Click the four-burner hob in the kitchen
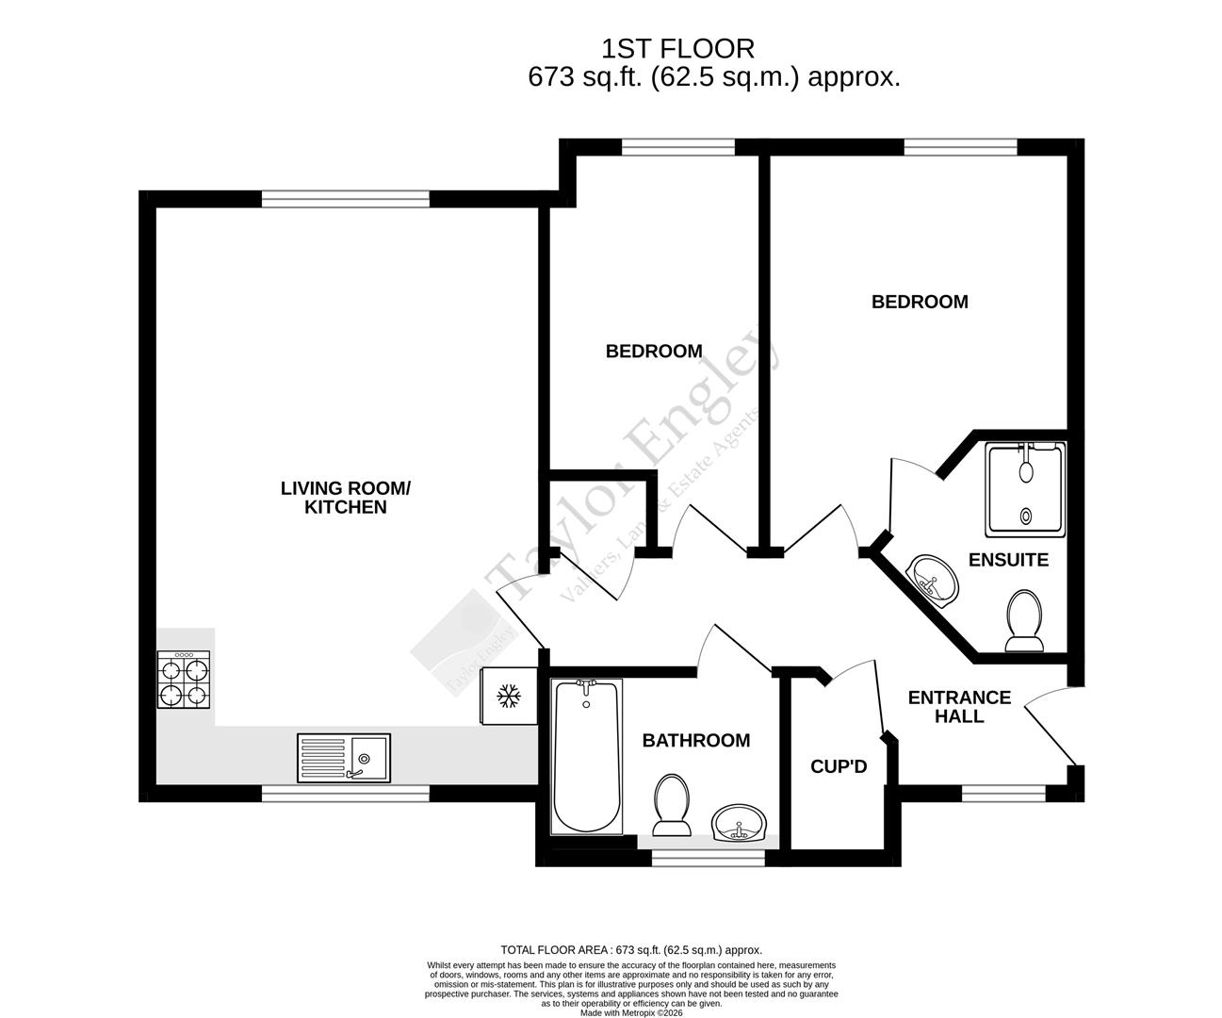pos(184,681)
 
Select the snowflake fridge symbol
pos(509,697)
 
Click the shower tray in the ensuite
pos(1025,489)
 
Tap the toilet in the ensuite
pos(1023,621)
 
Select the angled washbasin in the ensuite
pos(933,577)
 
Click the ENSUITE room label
pos(1008,560)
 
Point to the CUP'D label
pos(839,767)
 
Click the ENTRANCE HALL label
pos(959,707)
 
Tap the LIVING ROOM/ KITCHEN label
pos(346,498)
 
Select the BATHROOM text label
pos(696,741)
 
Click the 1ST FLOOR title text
pos(677,48)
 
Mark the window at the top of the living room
pos(345,198)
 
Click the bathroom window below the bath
pos(709,859)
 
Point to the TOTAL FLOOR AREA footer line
pos(631,950)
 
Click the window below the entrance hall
pos(1002,793)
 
